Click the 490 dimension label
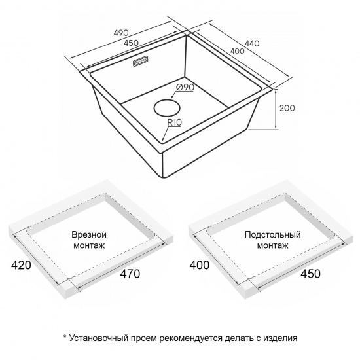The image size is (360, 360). [121, 33]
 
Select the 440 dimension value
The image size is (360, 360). [252, 43]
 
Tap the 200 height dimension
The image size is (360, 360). [287, 108]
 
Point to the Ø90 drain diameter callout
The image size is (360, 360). [185, 88]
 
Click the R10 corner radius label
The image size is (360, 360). [174, 122]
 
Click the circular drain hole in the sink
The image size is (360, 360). [167, 108]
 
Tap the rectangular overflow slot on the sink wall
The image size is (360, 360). [140, 62]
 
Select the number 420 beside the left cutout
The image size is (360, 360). [21, 265]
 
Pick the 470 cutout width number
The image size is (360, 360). [130, 274]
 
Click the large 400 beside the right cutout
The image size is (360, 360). [199, 265]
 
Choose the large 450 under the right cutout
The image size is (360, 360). [310, 274]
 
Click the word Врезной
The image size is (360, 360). [89, 235]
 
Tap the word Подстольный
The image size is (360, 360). [272, 235]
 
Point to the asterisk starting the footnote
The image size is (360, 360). [65, 337]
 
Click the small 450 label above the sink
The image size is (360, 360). [131, 43]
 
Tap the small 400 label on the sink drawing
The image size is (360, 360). [237, 51]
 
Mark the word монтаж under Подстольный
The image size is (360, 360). [272, 245]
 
